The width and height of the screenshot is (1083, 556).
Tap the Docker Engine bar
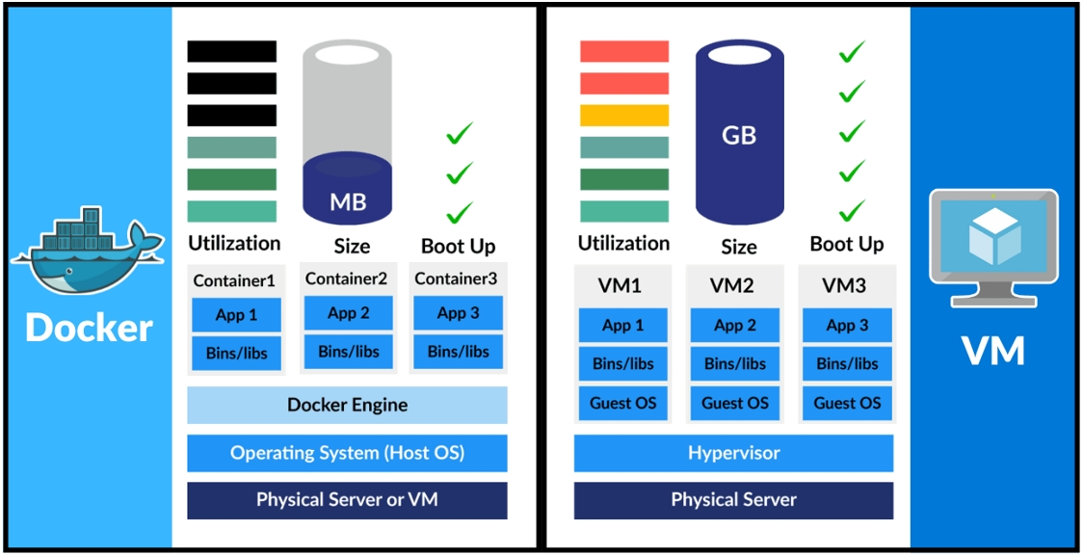[347, 405]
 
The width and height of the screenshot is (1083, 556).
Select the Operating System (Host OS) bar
[347, 452]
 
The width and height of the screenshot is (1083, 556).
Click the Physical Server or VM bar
[347, 500]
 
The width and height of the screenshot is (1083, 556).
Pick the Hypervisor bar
[733, 453]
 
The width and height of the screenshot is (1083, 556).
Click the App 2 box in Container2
[348, 313]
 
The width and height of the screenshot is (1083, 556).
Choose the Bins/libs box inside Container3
[458, 352]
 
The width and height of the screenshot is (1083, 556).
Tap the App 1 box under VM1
[623, 325]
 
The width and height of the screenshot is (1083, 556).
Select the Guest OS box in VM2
[735, 403]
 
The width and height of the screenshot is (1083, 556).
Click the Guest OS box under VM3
[847, 403]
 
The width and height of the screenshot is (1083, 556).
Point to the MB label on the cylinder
[348, 202]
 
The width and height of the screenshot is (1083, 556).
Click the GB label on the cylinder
[739, 136]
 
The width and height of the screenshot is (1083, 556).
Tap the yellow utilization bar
[624, 116]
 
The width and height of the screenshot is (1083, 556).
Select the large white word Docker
[89, 328]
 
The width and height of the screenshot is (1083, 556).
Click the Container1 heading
[234, 281]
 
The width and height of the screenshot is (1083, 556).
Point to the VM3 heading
[844, 285]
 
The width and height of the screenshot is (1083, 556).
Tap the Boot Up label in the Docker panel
[459, 246]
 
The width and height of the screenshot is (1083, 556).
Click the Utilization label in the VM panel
[623, 243]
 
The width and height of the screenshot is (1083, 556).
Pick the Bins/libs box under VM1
[623, 363]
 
